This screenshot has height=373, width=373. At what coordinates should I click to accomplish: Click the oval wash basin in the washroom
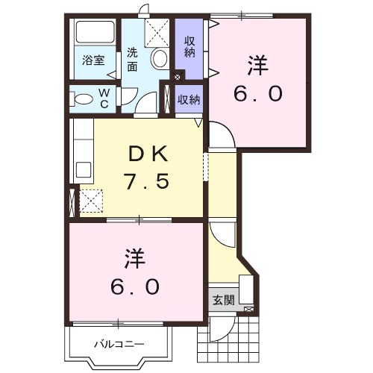(158, 58)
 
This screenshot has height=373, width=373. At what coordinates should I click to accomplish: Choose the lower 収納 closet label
(189, 99)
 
